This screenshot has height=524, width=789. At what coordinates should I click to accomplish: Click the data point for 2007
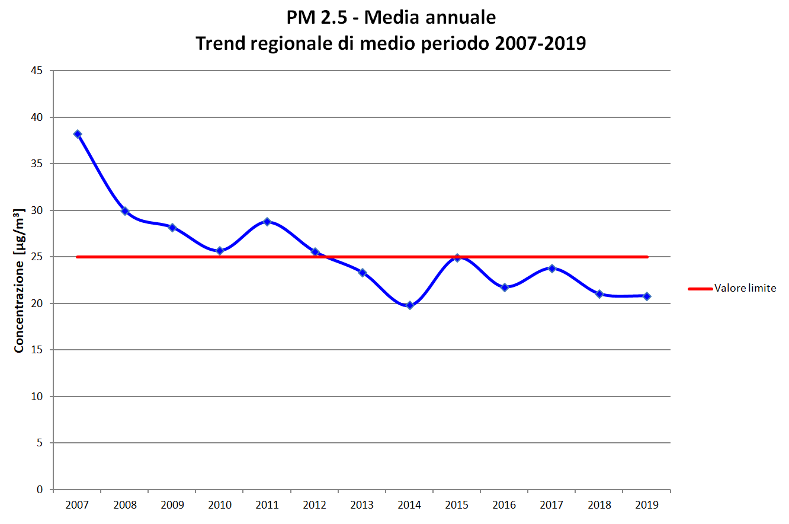pyautogui.click(x=78, y=134)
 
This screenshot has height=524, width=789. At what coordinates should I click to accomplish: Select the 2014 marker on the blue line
pyautogui.click(x=409, y=305)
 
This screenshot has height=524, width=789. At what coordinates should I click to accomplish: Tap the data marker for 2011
pyautogui.click(x=267, y=222)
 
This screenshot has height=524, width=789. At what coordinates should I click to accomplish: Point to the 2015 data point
pyautogui.click(x=457, y=258)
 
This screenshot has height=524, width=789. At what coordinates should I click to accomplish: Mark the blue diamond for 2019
pyautogui.click(x=647, y=296)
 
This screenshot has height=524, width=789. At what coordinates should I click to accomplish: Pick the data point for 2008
pyautogui.click(x=125, y=211)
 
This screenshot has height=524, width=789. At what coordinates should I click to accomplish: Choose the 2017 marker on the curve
pyautogui.click(x=552, y=269)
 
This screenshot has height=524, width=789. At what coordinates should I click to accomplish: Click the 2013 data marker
pyautogui.click(x=363, y=273)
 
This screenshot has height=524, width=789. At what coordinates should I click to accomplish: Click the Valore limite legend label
pyautogui.click(x=745, y=289)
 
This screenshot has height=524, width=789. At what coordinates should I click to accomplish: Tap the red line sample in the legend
pyautogui.click(x=700, y=289)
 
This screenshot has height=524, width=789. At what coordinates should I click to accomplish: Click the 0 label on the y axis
pyautogui.click(x=40, y=490)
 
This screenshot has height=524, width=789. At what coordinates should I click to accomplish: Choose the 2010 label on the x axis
pyautogui.click(x=220, y=505)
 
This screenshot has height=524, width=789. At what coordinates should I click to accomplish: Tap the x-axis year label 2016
pyautogui.click(x=504, y=505)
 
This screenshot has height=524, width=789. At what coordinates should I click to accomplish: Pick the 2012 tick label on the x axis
pyautogui.click(x=315, y=505)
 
